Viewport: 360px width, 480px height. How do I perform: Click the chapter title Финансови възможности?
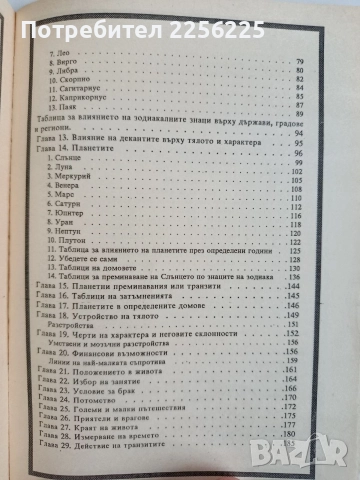(x=120, y=352)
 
